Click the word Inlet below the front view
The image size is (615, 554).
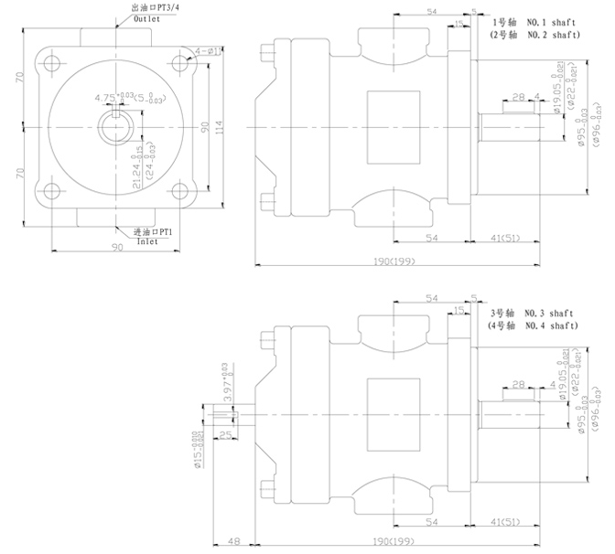coord(147,243)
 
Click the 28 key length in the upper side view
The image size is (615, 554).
coord(518,96)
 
